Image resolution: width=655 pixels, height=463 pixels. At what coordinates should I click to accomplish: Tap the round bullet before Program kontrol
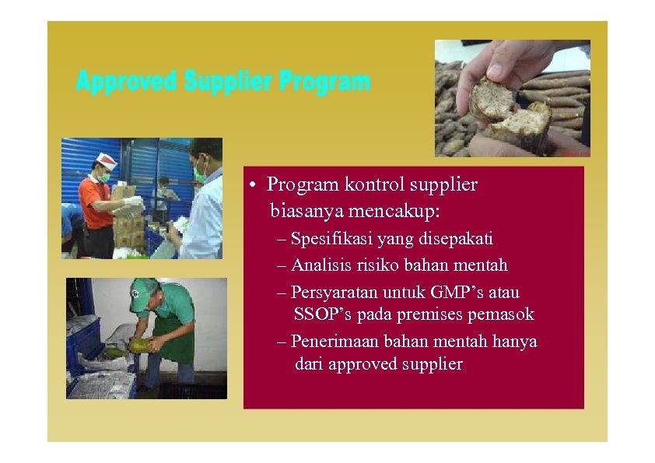coord(253,186)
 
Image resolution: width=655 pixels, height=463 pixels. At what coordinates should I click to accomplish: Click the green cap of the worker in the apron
coord(142,291)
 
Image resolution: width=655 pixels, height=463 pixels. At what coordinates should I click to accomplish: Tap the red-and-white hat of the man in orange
coord(105,161)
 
